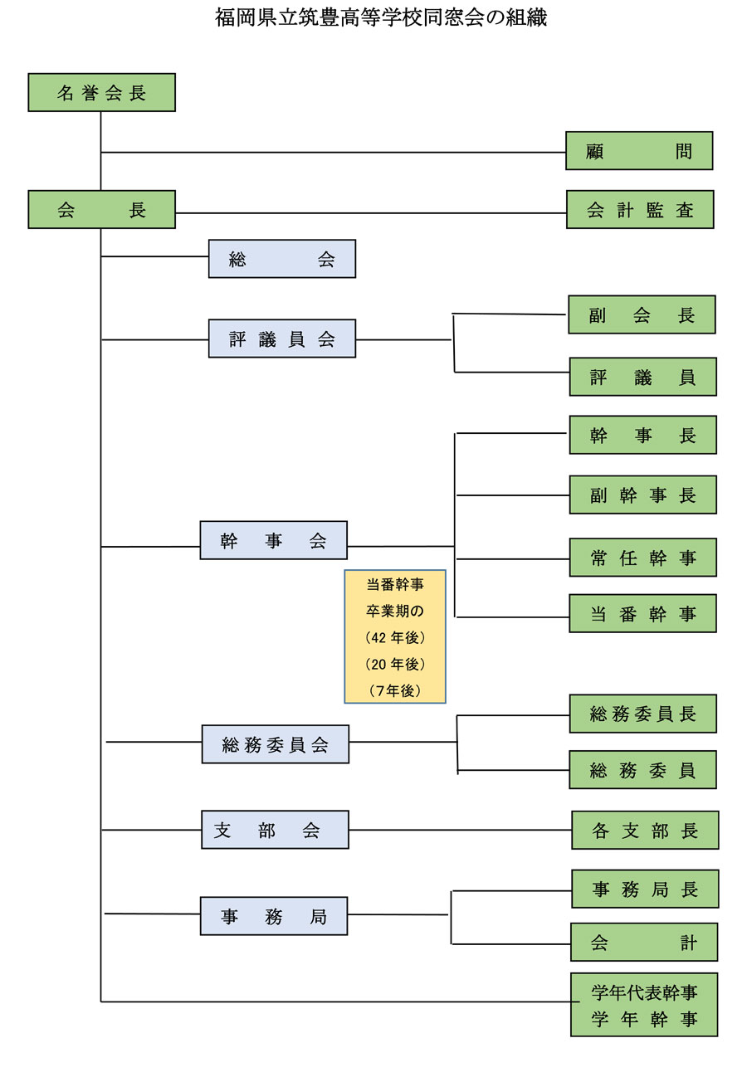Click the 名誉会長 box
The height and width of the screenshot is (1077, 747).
(x=101, y=92)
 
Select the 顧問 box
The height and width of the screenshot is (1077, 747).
(x=639, y=151)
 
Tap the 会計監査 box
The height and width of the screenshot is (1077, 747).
(x=640, y=210)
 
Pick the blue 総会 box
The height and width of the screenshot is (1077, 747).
(x=282, y=259)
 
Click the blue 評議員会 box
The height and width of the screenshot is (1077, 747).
(x=282, y=339)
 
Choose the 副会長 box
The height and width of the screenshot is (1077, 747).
(x=642, y=314)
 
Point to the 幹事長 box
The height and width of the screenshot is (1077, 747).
(x=642, y=435)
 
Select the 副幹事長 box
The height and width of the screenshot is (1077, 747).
(x=642, y=495)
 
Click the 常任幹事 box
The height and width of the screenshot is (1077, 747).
(x=642, y=558)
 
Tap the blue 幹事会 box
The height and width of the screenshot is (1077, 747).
(x=274, y=540)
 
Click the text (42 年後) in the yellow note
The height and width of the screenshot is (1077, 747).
(x=395, y=637)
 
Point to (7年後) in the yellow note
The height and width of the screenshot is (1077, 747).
(x=395, y=690)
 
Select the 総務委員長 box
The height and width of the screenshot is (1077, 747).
(x=642, y=714)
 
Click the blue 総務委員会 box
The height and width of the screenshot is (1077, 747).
(x=276, y=744)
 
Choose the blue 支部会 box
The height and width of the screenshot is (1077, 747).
(x=275, y=830)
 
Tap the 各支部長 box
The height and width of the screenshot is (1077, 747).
(x=645, y=831)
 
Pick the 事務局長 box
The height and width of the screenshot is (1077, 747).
(x=645, y=889)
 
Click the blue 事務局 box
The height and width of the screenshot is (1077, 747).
(x=274, y=916)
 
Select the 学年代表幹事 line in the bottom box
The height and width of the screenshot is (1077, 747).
(x=644, y=992)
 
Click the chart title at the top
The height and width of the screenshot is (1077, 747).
(x=381, y=17)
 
